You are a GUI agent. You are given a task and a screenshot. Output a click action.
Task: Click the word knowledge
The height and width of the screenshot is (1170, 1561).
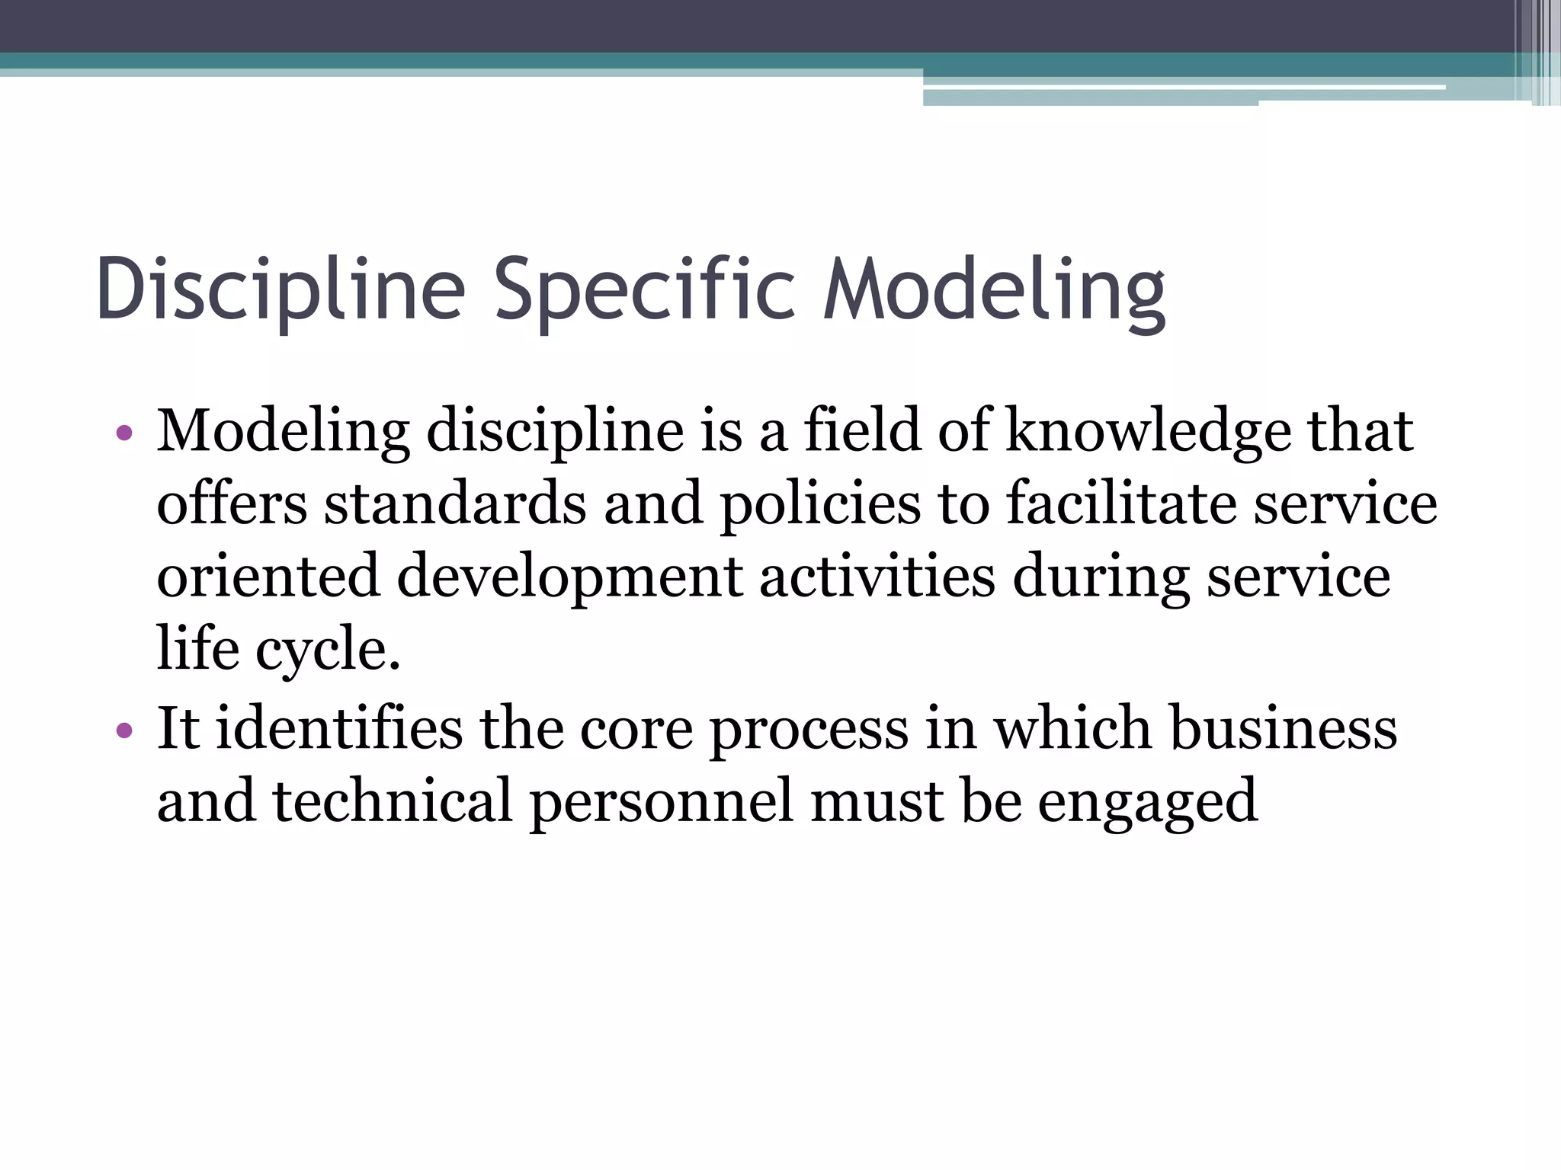[1148, 431]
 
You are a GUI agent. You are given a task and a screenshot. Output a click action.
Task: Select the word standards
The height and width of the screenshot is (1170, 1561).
[455, 504]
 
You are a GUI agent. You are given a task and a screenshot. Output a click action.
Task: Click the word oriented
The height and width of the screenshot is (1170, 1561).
[268, 577]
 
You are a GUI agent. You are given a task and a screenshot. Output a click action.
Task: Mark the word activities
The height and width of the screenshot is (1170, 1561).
[877, 577]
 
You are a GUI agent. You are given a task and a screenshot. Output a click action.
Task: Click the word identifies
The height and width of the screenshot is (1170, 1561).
[338, 728]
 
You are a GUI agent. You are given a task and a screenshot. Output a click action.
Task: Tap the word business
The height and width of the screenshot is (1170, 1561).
[1284, 728]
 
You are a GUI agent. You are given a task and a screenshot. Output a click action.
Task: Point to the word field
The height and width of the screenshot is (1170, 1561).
[862, 431]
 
